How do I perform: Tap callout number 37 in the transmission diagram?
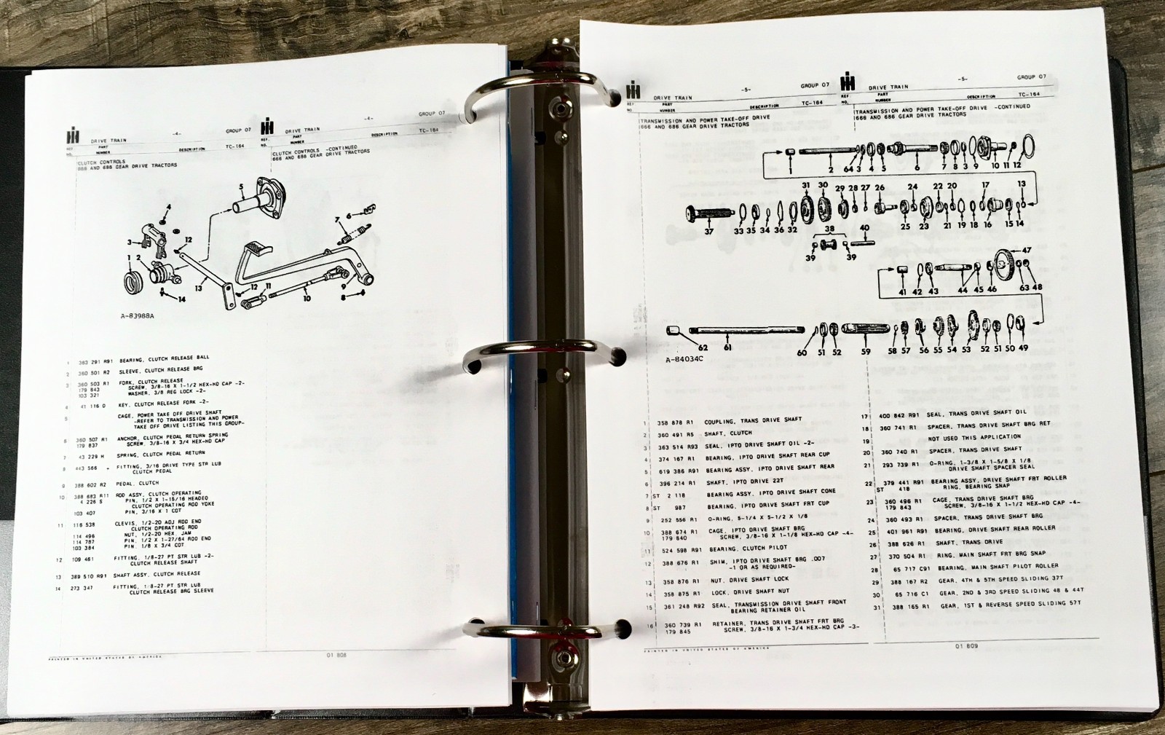(708, 232)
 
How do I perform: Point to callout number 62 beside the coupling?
(703, 347)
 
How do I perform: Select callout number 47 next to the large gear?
(1026, 250)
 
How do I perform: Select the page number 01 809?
(966, 645)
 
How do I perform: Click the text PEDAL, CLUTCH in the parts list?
(139, 484)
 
